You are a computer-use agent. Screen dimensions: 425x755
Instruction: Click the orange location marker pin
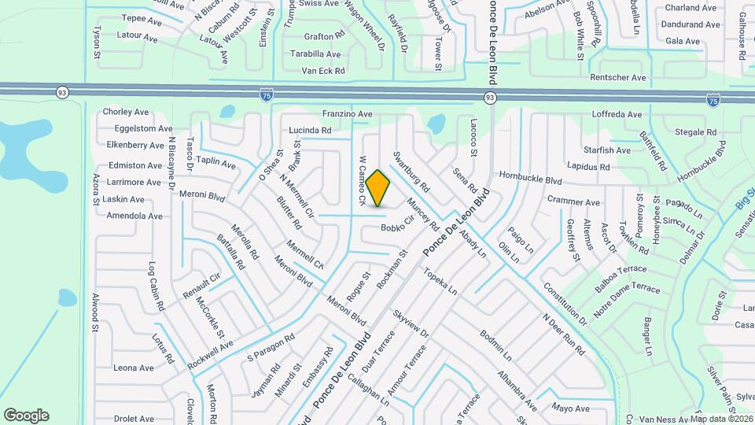point(378,188)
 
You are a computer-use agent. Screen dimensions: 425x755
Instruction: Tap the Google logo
point(27,415)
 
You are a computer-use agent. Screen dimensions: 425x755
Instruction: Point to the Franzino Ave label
point(347,114)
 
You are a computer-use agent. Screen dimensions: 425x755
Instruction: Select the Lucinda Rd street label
point(310,130)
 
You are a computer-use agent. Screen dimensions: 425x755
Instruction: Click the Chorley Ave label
point(126,113)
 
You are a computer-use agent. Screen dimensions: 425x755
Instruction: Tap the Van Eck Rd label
point(323,71)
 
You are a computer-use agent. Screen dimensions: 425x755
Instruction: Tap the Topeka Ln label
point(440,281)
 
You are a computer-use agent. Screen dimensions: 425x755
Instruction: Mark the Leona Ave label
point(134,368)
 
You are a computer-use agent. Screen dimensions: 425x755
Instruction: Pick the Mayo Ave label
point(570,408)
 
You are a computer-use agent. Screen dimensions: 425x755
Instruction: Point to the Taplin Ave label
point(215,163)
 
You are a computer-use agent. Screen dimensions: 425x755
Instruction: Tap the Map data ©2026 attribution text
point(722,419)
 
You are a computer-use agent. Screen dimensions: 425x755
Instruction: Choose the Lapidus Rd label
point(588,167)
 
